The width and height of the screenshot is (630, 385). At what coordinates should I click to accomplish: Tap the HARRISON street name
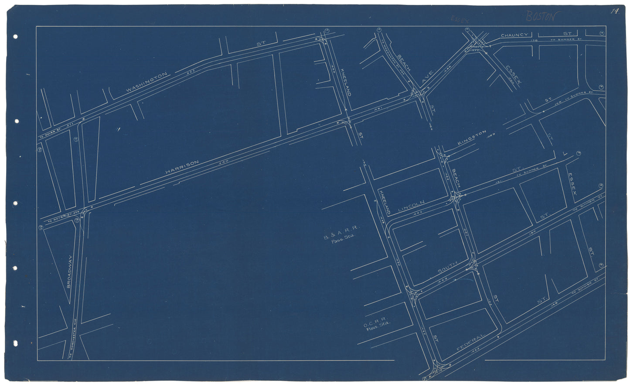point(182,168)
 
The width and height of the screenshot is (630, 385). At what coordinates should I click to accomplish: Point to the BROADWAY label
point(70,272)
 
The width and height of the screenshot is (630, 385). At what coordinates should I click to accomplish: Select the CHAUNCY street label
point(514,35)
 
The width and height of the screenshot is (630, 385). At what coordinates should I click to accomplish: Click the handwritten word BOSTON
point(541,17)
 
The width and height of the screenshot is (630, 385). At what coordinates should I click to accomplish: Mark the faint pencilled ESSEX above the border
point(459,19)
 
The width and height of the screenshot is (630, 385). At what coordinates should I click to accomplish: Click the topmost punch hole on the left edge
point(15,37)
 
